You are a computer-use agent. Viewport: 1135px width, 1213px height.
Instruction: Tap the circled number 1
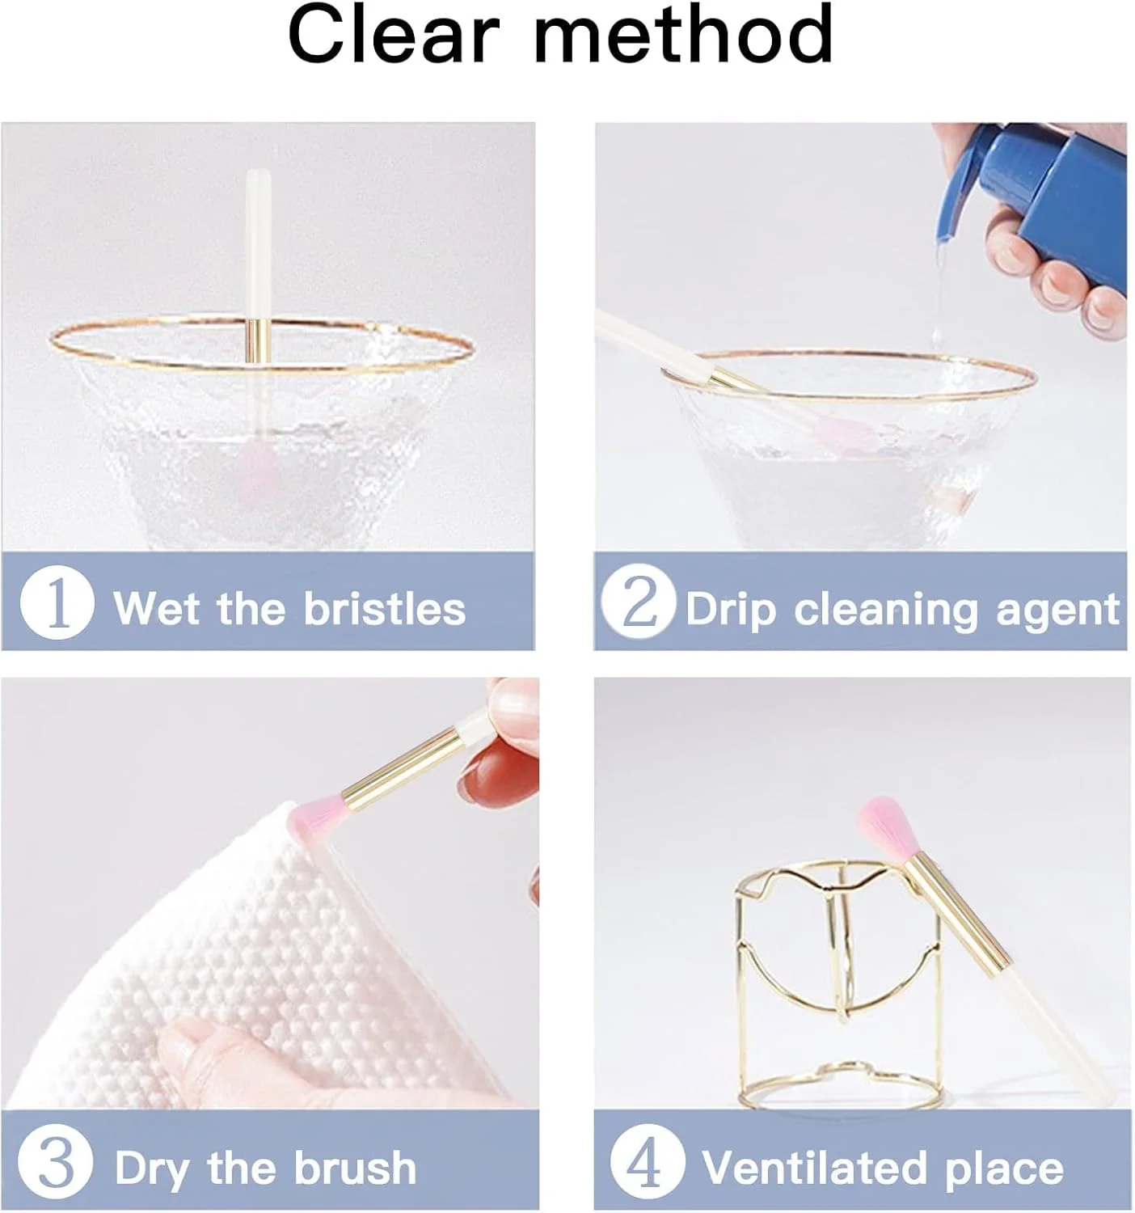pos(57,602)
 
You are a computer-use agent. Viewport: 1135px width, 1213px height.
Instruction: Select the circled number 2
pos(639,602)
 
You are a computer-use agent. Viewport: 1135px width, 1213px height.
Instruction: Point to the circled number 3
pos(56,1162)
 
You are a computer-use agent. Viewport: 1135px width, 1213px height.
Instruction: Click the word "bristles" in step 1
pos(385,608)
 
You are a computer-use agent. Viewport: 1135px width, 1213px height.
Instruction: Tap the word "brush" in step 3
pos(356,1167)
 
